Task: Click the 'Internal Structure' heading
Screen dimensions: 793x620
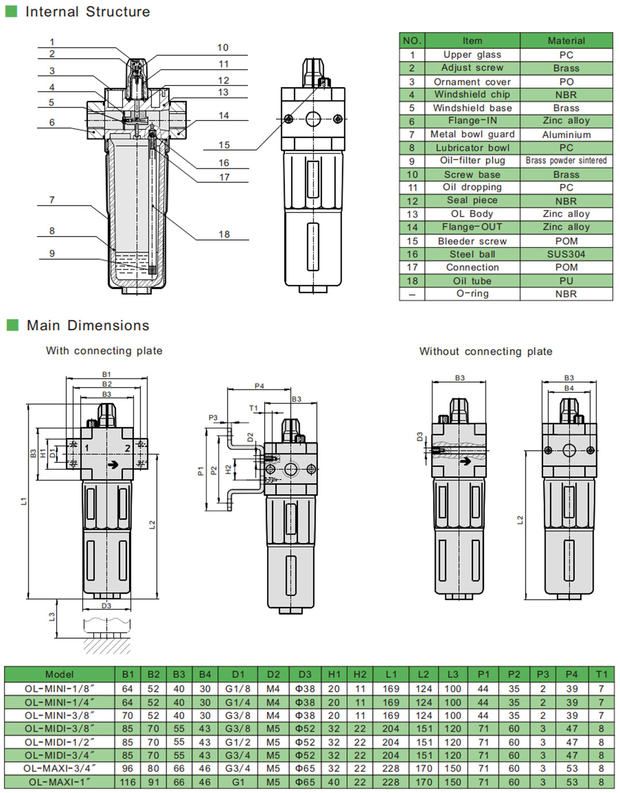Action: [87, 11]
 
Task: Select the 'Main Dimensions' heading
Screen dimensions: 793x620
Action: [87, 326]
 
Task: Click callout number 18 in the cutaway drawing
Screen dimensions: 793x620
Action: [224, 234]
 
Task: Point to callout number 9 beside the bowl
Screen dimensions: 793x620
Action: [52, 254]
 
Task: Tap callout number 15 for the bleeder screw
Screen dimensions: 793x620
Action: [224, 145]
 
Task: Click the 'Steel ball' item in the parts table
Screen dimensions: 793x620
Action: [472, 254]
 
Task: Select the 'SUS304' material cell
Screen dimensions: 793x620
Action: [566, 254]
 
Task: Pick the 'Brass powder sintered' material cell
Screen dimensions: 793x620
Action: [566, 161]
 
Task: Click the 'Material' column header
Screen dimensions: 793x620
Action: [566, 41]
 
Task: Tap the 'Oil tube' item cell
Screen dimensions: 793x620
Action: [472, 281]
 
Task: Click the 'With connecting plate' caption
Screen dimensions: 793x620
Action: [104, 351]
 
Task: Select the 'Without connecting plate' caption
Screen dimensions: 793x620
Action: [486, 351]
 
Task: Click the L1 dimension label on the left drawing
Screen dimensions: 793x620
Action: [24, 501]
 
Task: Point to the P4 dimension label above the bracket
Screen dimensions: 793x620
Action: [259, 386]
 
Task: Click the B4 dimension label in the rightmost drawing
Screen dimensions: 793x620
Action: [568, 388]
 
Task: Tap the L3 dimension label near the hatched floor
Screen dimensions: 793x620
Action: [52, 616]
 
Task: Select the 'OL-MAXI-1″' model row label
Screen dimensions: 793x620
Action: [59, 782]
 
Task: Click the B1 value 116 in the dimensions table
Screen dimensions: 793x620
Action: [127, 782]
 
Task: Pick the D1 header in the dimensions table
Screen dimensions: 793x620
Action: [238, 674]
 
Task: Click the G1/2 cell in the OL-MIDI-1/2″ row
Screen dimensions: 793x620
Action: [238, 742]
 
